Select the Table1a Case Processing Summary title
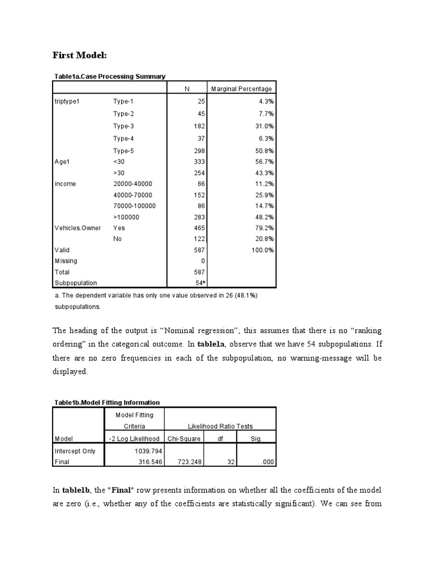tap(110, 76)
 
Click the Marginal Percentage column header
tap(241, 89)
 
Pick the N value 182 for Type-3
tap(198, 126)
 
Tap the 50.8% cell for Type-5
tap(264, 151)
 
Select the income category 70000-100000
tap(134, 206)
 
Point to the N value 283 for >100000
tap(198, 217)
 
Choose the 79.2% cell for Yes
tap(264, 228)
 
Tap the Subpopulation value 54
tap(199, 282)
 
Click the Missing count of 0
tap(202, 261)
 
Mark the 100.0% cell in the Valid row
tap(262, 249)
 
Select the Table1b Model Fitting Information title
tap(107, 402)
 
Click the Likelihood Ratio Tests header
tap(220, 426)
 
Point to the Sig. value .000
tap(268, 462)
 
